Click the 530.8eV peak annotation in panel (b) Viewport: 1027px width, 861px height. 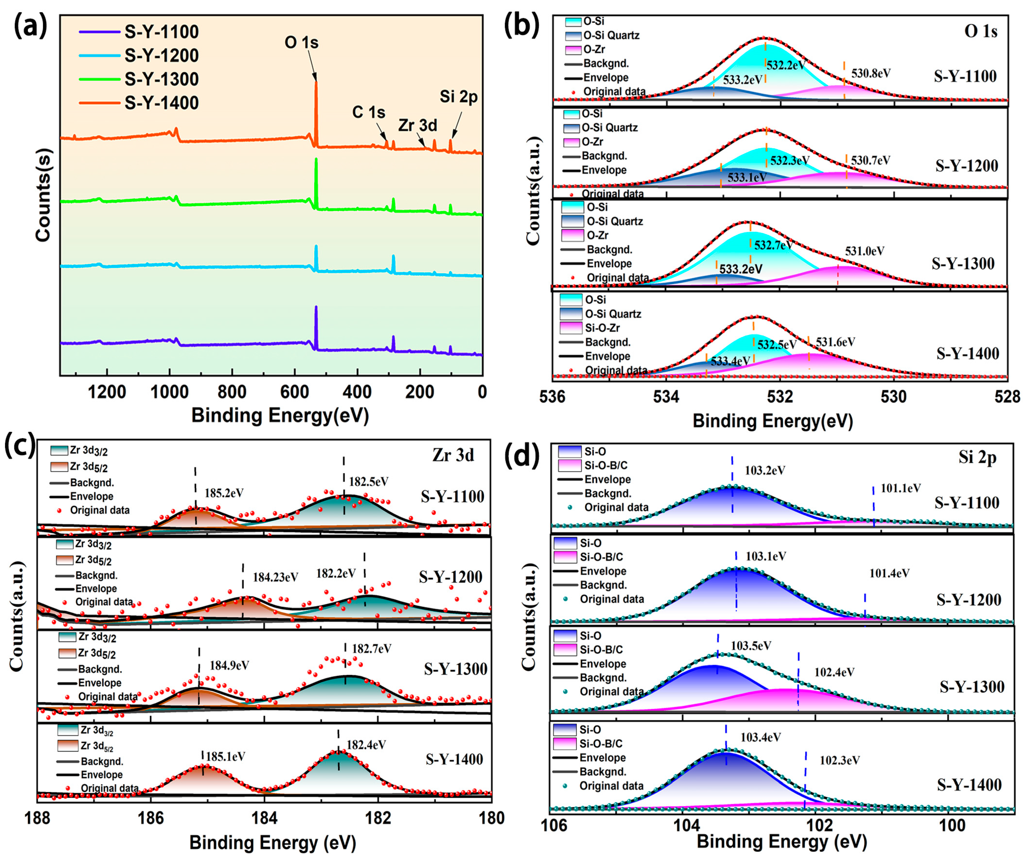pos(871,73)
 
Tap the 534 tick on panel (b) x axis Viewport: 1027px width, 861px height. pos(666,396)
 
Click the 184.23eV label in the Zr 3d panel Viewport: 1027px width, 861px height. pos(275,577)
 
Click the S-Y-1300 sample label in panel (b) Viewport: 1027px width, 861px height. pos(963,264)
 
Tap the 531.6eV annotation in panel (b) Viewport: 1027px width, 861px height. pos(835,342)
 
